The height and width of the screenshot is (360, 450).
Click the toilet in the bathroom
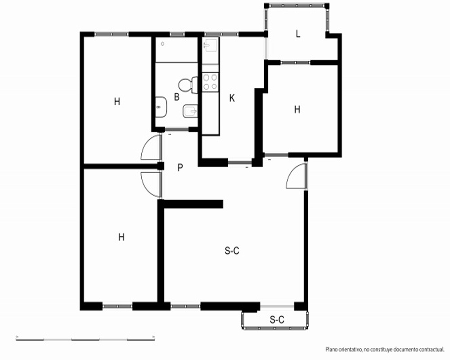188,85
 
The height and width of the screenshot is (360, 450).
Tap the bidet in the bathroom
190,111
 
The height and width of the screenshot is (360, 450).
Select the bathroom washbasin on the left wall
161,107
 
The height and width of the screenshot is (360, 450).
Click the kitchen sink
210,45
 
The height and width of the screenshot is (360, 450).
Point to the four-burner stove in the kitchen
210,82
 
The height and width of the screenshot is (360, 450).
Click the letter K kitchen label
232,99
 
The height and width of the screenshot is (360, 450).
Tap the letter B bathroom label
177,97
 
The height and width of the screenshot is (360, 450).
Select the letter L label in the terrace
298,34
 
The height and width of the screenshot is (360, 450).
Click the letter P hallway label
180,167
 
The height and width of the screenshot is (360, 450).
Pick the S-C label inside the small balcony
277,319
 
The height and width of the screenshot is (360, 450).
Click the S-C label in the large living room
232,251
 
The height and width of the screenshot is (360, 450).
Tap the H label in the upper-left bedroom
117,102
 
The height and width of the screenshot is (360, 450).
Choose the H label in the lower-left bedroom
121,237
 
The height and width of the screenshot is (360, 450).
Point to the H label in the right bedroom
297,109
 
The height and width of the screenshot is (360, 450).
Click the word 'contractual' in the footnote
432,350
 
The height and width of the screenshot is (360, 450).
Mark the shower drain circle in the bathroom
162,44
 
